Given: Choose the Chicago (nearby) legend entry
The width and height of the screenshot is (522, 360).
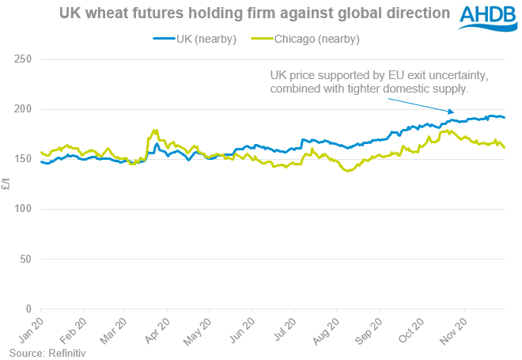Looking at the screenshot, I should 306,40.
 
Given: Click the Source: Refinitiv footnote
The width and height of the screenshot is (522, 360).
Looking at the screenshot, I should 47,353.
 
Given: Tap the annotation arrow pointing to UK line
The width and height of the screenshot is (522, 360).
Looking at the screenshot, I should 424,105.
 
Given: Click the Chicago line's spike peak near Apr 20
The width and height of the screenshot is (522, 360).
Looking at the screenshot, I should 156,130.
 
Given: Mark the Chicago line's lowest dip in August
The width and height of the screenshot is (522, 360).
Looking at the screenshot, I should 347,171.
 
